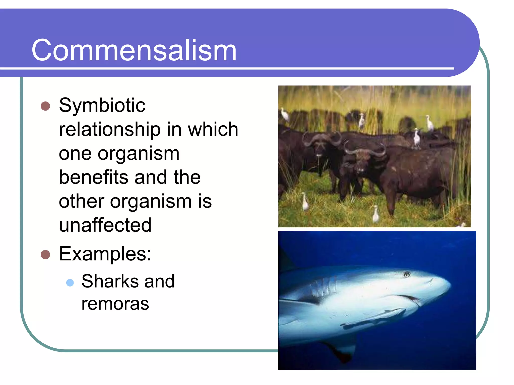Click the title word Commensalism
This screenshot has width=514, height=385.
[134, 50]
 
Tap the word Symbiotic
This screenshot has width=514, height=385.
[102, 105]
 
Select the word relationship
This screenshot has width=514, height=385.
[109, 129]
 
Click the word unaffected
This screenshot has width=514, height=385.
[105, 225]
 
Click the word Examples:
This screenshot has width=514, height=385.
[105, 254]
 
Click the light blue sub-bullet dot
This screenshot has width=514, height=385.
[70, 283]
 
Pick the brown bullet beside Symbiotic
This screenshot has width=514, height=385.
[45, 106]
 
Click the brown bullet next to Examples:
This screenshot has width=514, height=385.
[45, 255]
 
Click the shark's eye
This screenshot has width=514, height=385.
[407, 274]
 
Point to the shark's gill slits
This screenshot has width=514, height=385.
[324, 288]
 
